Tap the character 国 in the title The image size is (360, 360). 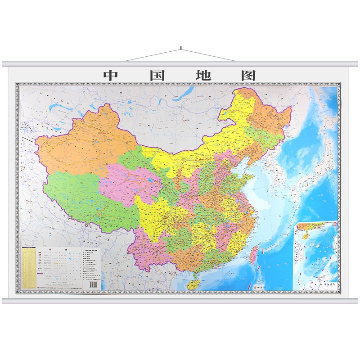tap(157, 75)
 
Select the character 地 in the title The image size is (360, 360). tap(203, 75)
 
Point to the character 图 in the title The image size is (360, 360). tap(248, 75)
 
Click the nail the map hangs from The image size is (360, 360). tap(180, 47)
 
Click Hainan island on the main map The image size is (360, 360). tap(193, 284)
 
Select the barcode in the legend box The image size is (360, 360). tap(94, 284)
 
